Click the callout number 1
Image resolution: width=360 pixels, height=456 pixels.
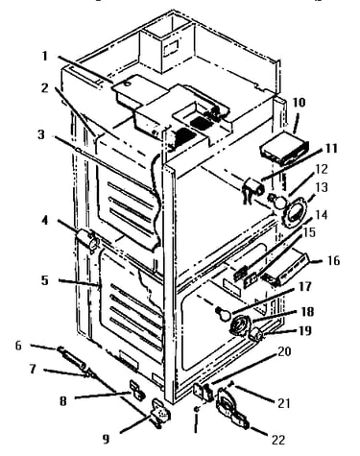coord(45,57)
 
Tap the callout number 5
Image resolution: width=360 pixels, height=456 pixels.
coord(45,280)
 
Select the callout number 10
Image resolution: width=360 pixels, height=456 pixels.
coord(300,103)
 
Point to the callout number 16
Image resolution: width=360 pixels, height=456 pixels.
coord(333,260)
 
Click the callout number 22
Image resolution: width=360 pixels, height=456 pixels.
coord(278,440)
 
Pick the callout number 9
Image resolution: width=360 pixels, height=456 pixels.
coord(106,439)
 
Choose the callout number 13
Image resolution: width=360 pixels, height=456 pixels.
coord(322,187)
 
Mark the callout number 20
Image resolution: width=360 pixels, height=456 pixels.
coord(284,351)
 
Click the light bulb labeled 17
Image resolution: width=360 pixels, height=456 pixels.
coord(223,315)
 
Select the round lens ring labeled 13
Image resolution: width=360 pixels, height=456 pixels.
coord(295,213)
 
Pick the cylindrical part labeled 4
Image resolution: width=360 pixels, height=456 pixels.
coord(86,241)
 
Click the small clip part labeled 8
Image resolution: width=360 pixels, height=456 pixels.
coord(136,389)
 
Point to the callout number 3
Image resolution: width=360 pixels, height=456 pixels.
coord(41,134)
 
